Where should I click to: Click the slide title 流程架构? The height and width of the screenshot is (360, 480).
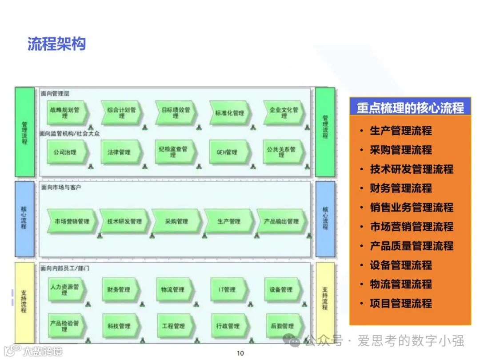pos(56,44)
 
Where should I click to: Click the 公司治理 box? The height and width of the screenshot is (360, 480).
pos(66,152)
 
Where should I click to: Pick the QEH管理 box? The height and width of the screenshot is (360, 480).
pos(228,152)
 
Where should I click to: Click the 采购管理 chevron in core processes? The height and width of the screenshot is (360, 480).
pos(176,221)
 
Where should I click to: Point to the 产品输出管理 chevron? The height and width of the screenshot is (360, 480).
pos(281,221)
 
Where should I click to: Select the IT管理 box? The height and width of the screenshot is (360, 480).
pos(227,290)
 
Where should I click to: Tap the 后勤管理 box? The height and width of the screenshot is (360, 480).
pos(282,326)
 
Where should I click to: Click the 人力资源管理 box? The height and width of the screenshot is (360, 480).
pos(65,290)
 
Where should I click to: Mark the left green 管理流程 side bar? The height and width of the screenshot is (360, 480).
pos(24,132)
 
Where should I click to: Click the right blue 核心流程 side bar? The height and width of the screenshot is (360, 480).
pos(325,218)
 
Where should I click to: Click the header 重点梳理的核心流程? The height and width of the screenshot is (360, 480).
pos(410,108)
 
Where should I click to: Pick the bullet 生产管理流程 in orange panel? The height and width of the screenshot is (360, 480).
pos(401,131)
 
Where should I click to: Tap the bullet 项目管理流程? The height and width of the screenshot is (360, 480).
pos(401,304)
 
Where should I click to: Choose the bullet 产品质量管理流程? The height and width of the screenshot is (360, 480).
pos(412,246)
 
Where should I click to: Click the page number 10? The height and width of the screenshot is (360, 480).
pos(240,353)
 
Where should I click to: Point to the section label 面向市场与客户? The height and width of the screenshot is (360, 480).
pos(61,188)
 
